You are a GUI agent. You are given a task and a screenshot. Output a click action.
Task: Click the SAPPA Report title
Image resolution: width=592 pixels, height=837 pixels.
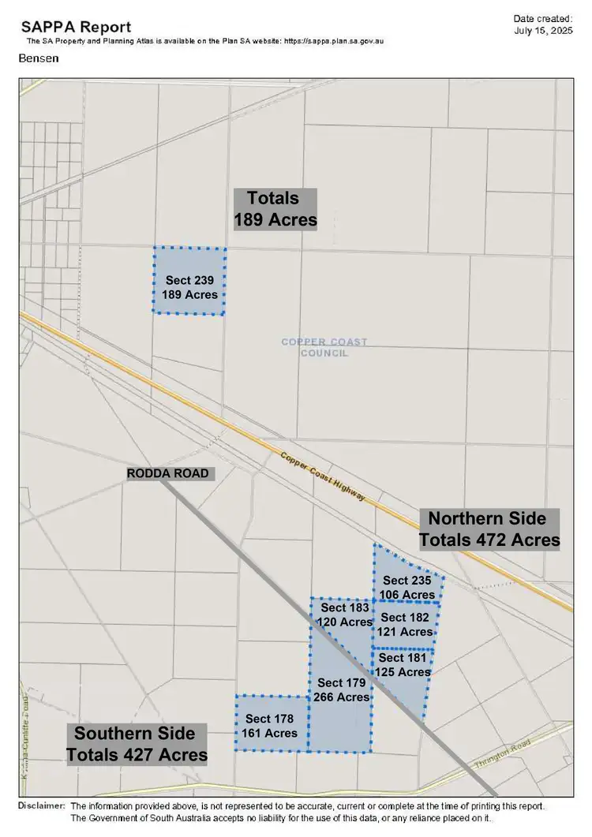(76, 27)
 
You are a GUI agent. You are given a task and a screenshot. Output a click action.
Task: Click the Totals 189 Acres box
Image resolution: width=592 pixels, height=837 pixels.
(275, 208)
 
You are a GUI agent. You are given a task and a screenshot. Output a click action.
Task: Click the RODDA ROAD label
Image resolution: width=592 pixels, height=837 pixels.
(169, 473)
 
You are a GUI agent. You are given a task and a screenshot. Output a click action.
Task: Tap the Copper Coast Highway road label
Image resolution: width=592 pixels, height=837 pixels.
(323, 476)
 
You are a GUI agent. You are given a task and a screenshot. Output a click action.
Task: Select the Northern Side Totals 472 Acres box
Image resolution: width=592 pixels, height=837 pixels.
(489, 529)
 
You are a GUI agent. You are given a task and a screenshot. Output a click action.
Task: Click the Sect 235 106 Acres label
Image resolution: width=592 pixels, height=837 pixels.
(407, 588)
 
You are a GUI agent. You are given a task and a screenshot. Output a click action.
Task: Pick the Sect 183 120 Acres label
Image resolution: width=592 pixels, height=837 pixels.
(345, 615)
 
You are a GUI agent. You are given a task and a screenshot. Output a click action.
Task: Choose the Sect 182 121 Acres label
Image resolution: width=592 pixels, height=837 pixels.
(406, 624)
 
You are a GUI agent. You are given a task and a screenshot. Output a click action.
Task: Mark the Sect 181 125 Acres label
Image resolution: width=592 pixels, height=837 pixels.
(403, 665)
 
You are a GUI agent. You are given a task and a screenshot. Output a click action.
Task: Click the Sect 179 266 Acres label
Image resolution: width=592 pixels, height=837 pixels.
(341, 689)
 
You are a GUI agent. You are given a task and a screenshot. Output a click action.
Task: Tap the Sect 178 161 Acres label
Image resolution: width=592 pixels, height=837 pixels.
(270, 726)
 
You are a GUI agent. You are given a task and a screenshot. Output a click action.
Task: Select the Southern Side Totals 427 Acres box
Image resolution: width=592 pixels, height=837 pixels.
(137, 744)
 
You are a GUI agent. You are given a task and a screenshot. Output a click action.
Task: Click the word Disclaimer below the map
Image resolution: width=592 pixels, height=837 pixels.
(41, 805)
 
